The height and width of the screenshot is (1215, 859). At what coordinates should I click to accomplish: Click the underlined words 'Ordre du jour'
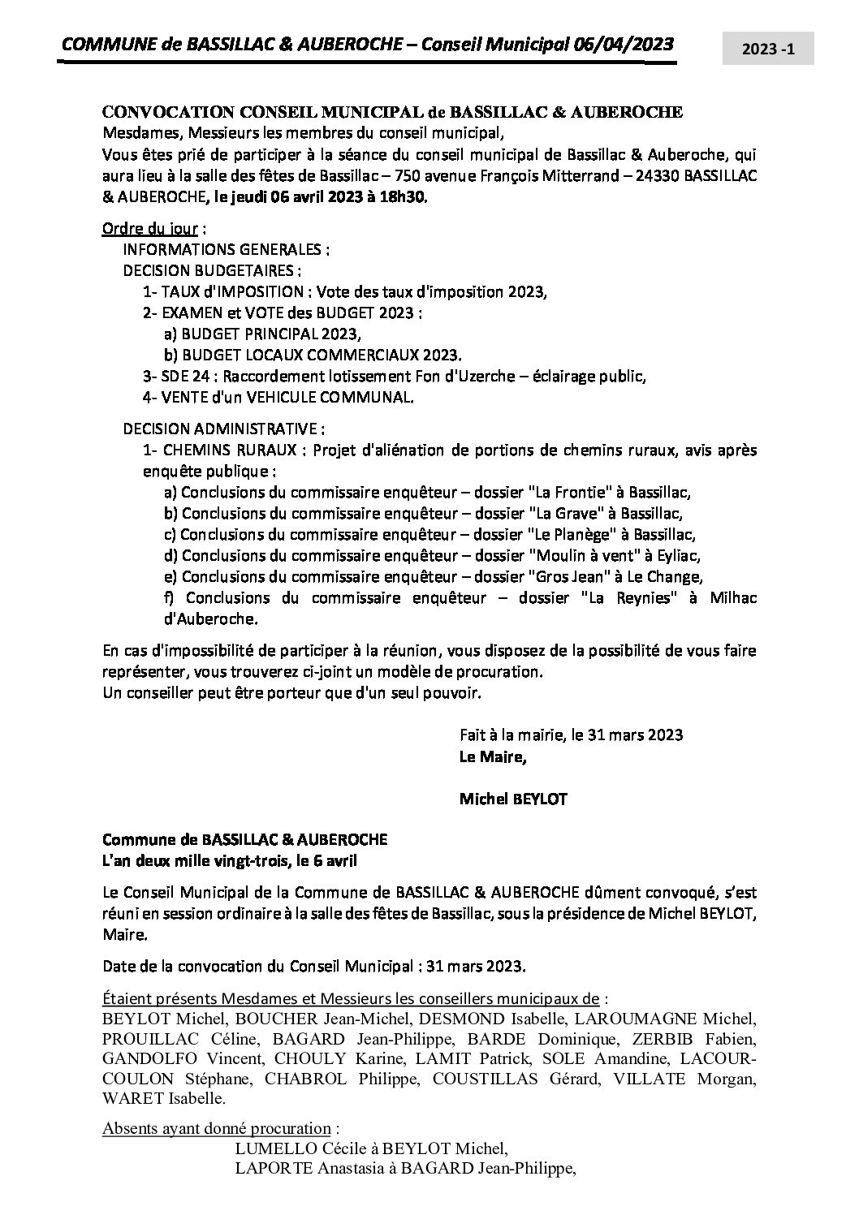point(149,228)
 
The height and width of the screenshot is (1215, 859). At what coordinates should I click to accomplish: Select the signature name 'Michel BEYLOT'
point(513,799)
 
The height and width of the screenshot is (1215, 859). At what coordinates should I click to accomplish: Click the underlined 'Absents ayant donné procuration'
point(217,1129)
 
